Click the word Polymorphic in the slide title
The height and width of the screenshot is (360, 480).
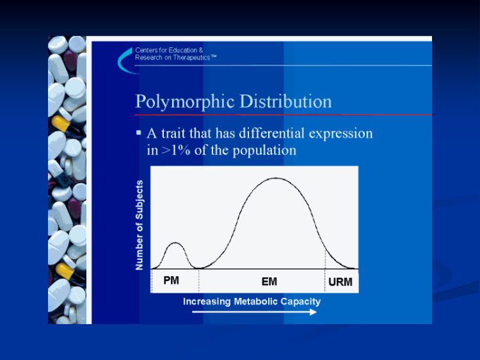(x=185, y=102)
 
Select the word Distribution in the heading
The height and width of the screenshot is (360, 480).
(x=285, y=101)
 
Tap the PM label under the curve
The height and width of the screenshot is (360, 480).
(x=171, y=281)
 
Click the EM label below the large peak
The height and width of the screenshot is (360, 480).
(x=269, y=282)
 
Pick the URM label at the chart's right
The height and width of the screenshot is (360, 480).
(x=340, y=282)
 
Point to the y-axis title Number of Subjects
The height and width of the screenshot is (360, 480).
(x=140, y=225)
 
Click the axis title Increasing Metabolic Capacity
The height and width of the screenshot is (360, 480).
(x=252, y=302)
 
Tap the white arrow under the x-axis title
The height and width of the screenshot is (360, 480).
(x=254, y=312)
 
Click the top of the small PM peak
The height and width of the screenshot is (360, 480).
(x=175, y=243)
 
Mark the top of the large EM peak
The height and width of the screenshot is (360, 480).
(x=276, y=178)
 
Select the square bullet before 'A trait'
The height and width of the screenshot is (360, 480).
(x=139, y=133)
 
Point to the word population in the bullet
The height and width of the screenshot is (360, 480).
(x=264, y=151)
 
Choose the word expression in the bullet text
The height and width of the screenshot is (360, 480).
(x=340, y=134)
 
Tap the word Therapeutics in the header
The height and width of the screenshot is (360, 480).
(x=191, y=58)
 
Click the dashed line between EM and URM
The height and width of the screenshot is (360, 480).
(x=325, y=271)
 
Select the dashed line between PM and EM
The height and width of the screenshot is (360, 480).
(x=198, y=280)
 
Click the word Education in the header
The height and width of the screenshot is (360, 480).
(x=183, y=50)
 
